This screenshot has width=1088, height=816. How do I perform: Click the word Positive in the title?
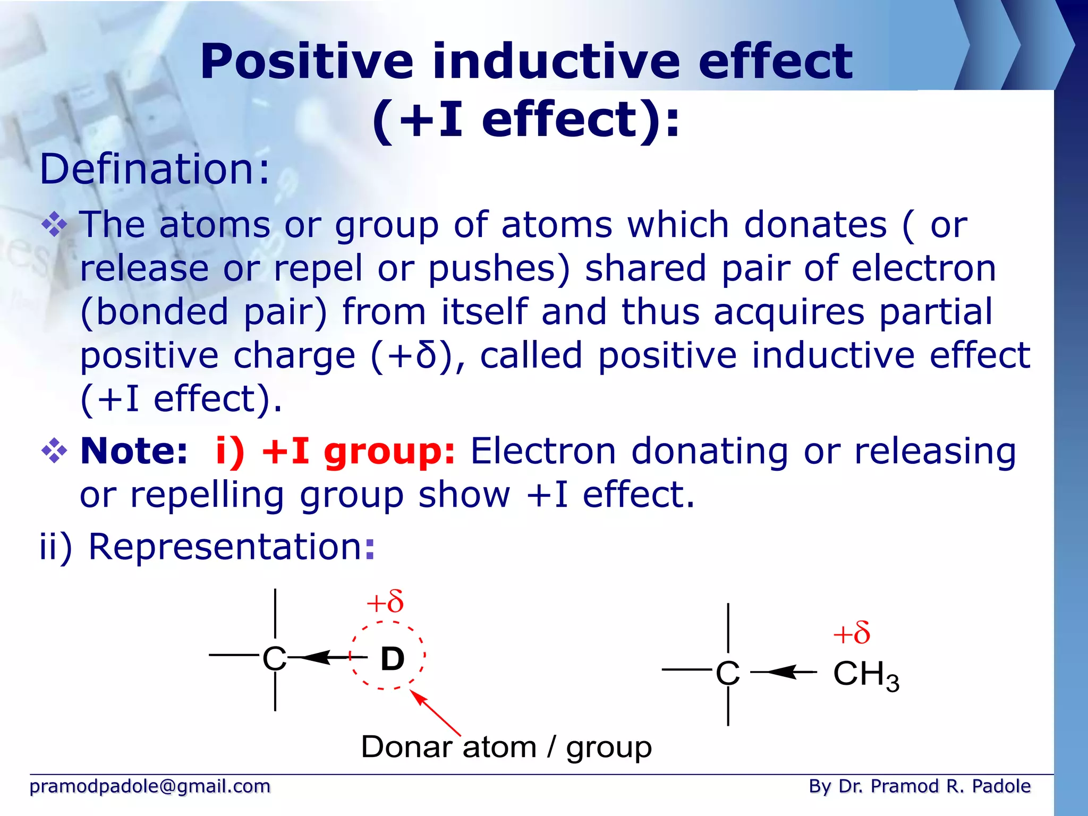point(307,62)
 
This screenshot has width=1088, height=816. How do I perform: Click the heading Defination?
point(155,169)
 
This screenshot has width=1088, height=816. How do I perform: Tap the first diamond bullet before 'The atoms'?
point(54,225)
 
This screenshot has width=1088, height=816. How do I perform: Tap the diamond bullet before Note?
point(54,452)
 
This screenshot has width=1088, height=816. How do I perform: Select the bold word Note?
point(134,452)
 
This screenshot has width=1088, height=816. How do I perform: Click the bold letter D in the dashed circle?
point(393,659)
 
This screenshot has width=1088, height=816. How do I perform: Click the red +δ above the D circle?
point(385,602)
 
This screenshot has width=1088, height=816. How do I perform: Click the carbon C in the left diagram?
point(275,659)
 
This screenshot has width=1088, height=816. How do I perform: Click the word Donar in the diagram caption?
point(406,747)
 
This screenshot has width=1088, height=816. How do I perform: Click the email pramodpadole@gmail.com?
point(150,786)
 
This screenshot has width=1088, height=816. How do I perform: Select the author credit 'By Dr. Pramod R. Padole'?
point(919,786)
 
